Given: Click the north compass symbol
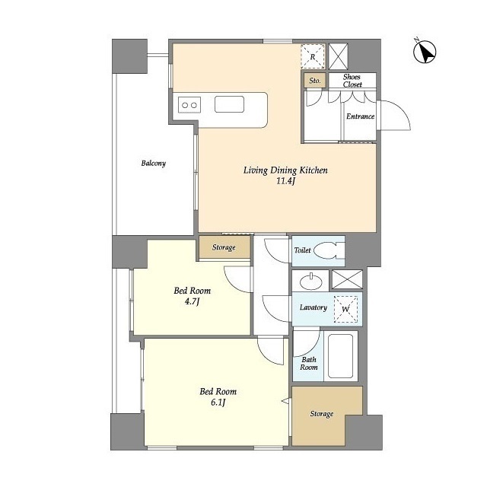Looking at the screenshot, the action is click(x=425, y=51).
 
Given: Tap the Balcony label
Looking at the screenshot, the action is click(x=154, y=163).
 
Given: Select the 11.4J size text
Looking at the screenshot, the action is click(x=285, y=181).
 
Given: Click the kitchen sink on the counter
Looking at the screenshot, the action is click(x=229, y=104).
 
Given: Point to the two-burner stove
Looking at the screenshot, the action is click(x=189, y=105).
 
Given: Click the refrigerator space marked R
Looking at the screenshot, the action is click(x=313, y=56).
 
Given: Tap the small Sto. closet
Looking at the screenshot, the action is click(x=314, y=81).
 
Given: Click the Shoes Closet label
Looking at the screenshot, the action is click(x=352, y=81).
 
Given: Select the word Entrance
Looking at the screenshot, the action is click(x=360, y=116).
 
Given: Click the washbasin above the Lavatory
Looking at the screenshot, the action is click(x=311, y=281).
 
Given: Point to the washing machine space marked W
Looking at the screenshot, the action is click(x=346, y=309).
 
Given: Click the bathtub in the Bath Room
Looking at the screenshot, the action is click(x=340, y=355).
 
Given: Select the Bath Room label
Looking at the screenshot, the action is click(x=309, y=364).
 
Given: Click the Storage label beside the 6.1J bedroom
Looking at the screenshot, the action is click(x=321, y=414).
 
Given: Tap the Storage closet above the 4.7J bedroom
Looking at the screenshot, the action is click(x=224, y=247).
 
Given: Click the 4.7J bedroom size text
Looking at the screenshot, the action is click(x=192, y=301).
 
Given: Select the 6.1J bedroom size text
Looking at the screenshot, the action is click(x=218, y=403).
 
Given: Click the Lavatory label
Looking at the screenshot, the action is click(x=314, y=307).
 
